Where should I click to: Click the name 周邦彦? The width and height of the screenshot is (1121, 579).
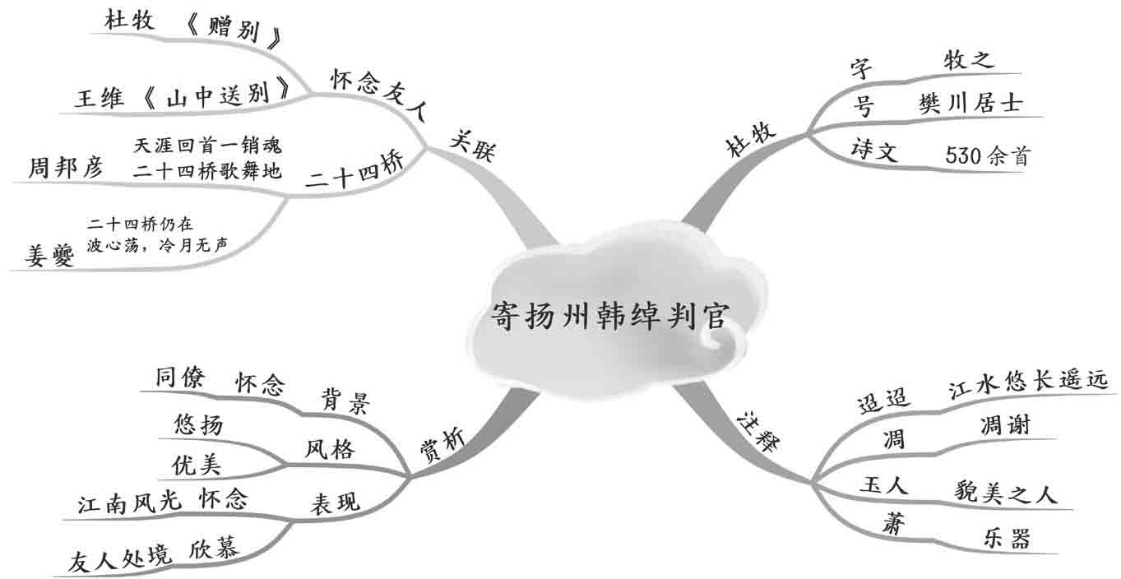pyautogui.click(x=66, y=169)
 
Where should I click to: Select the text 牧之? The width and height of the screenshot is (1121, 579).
pyautogui.click(x=969, y=60)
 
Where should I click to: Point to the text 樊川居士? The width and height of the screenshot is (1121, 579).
pyautogui.click(x=970, y=104)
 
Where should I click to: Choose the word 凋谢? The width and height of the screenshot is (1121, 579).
pyautogui.click(x=1005, y=425)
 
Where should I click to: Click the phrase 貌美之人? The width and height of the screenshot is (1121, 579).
pyautogui.click(x=1005, y=493)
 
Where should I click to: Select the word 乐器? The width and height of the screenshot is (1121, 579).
pyautogui.click(x=1006, y=538)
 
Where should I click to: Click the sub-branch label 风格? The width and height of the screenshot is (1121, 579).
pyautogui.click(x=329, y=449)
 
